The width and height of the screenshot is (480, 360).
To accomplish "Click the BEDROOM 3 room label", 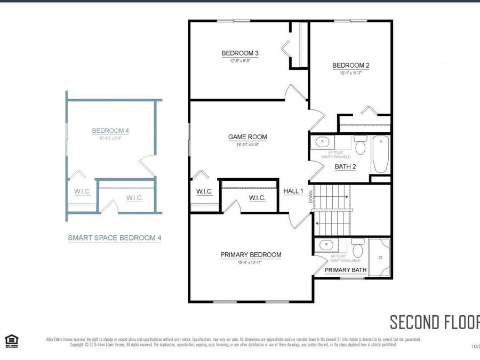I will (x=240, y=53).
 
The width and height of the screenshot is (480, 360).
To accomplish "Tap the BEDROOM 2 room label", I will (x=350, y=66).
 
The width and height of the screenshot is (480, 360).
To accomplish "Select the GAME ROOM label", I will (x=247, y=137).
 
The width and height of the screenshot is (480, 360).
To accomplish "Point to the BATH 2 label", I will (x=345, y=166).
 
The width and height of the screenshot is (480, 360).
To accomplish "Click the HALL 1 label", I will (x=293, y=191).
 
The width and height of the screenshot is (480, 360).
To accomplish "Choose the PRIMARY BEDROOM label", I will (x=251, y=255).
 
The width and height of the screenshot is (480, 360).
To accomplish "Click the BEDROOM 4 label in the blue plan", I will (x=110, y=131).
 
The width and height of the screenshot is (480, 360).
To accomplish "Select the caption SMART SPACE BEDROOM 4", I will (x=114, y=238).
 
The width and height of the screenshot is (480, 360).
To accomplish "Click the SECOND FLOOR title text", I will (x=434, y=322).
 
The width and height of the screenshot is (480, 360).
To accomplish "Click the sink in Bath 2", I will (x=322, y=142).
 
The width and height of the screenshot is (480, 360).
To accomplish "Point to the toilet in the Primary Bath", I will (x=358, y=248).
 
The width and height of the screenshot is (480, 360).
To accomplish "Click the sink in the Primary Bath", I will (x=324, y=245).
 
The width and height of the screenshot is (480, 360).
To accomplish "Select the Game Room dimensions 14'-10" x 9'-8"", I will (x=247, y=145).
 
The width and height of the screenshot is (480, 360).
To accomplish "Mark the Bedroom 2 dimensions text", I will (x=350, y=73).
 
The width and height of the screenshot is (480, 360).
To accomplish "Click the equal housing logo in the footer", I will (x=11, y=340).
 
